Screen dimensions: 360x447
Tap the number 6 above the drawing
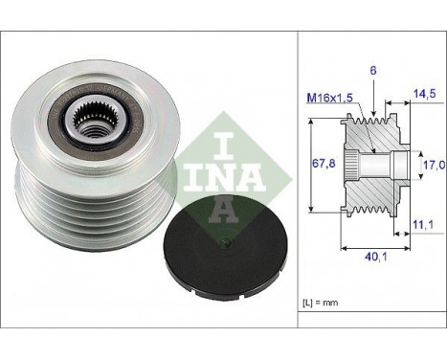tap(373, 71)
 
